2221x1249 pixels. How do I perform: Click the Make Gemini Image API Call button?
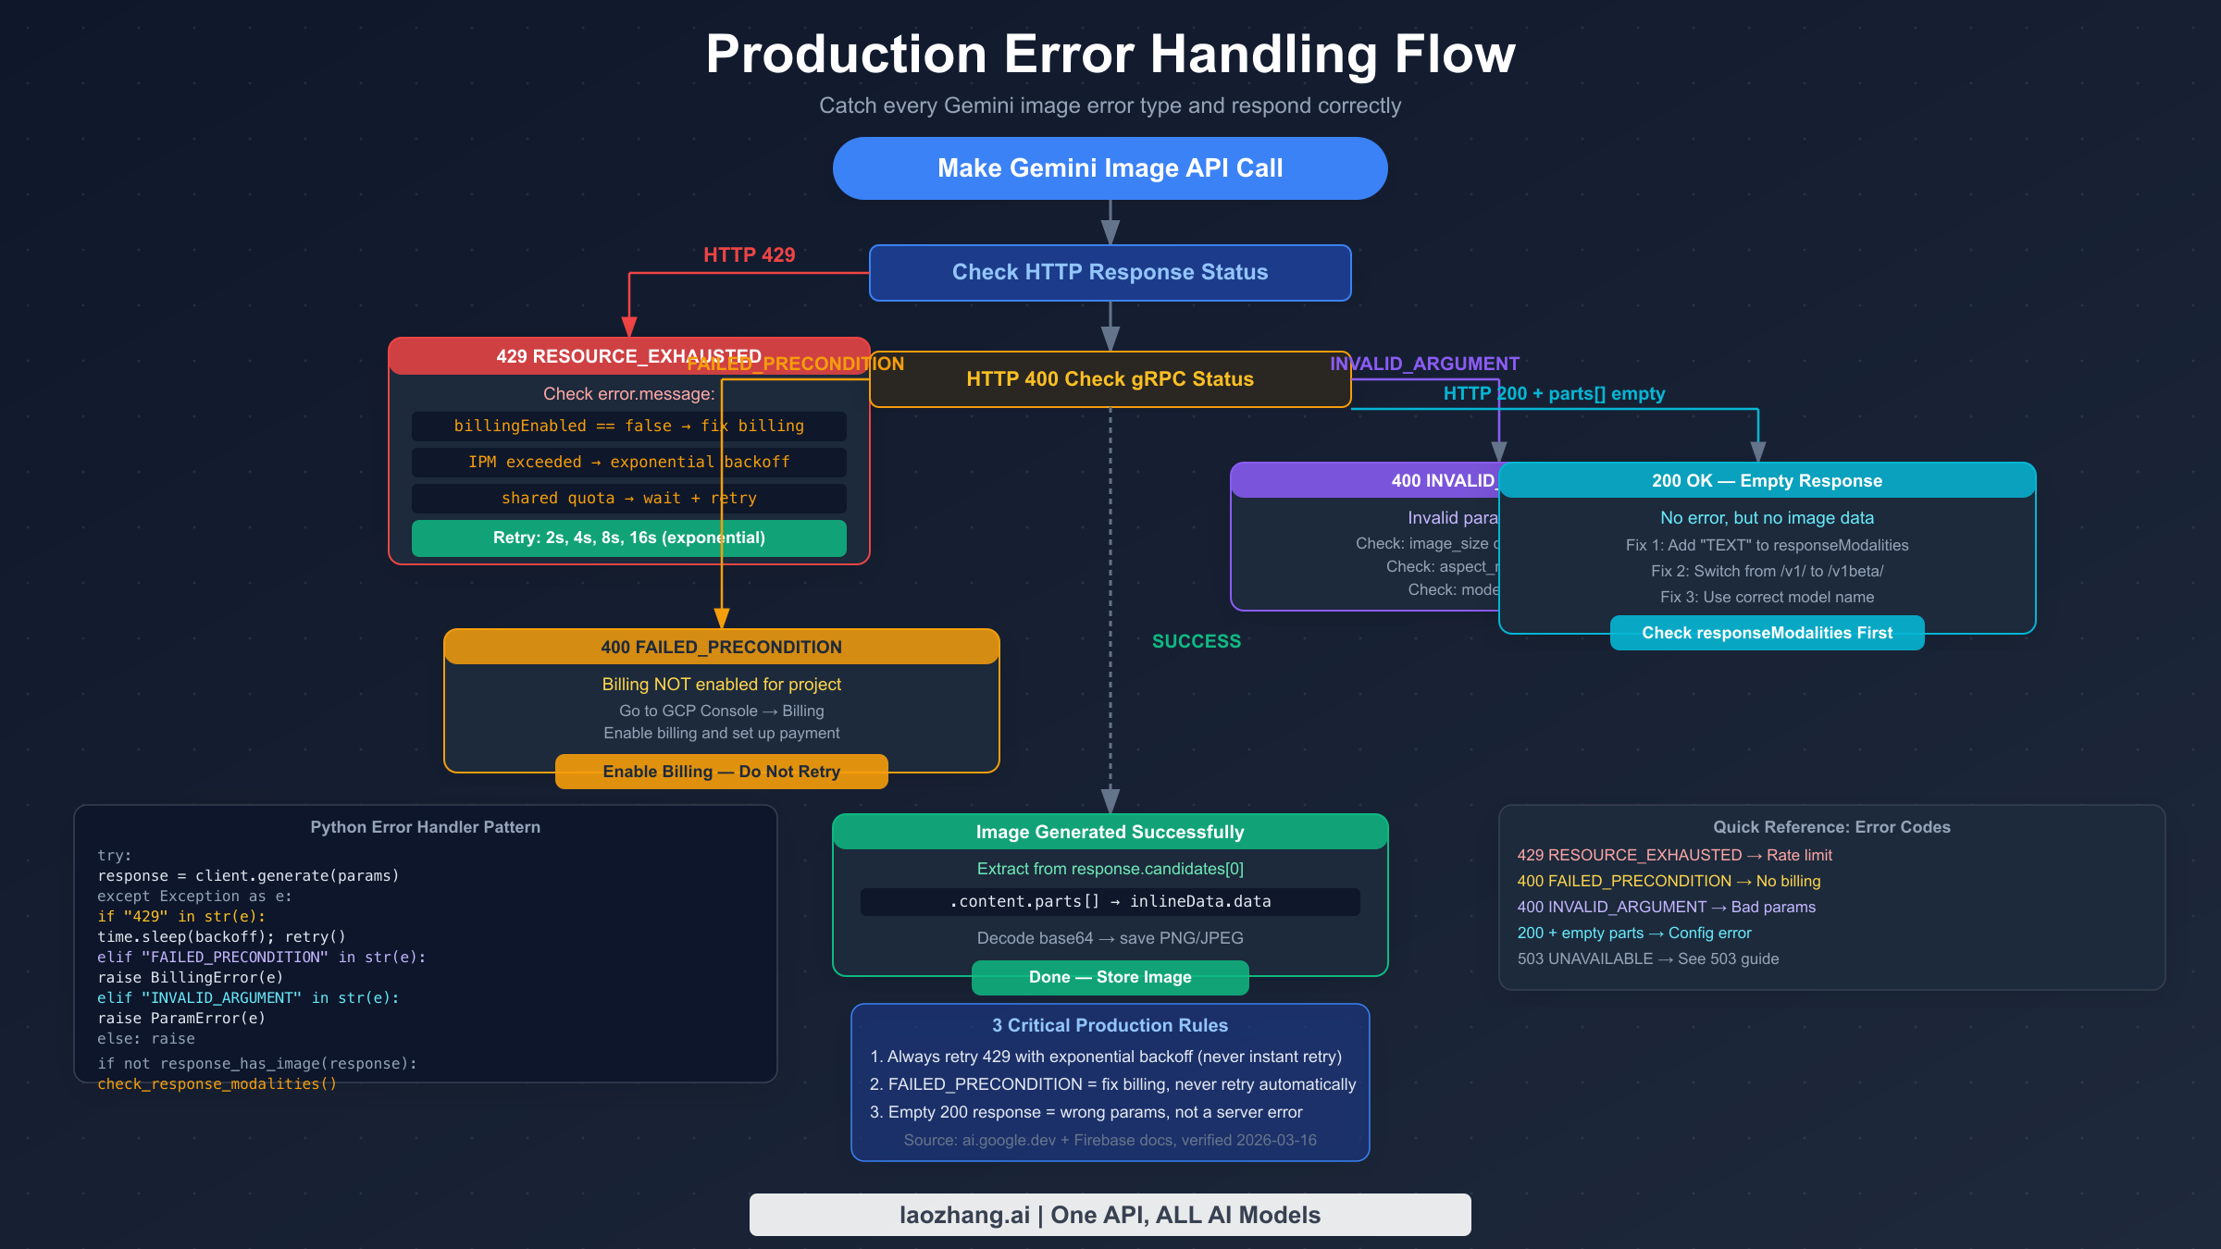click(1110, 168)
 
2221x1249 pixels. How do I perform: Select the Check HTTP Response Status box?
click(1110, 273)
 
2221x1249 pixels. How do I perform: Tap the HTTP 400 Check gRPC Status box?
click(1110, 379)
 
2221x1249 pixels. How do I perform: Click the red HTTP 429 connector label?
click(749, 255)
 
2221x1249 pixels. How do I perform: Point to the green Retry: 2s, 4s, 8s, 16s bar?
click(628, 538)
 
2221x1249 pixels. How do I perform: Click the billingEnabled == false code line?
click(628, 427)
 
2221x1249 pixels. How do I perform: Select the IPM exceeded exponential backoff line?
click(628, 463)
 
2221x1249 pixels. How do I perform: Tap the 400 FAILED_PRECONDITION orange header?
click(721, 648)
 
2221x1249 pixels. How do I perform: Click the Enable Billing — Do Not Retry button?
click(721, 772)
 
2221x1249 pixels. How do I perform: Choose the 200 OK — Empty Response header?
click(1767, 481)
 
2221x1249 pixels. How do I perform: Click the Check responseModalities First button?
click(1767, 634)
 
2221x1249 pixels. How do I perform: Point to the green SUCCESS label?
click(1196, 641)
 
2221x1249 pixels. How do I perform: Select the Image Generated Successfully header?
click(1110, 833)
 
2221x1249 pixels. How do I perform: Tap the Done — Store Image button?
click(1110, 978)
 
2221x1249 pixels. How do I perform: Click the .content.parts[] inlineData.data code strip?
click(1110, 902)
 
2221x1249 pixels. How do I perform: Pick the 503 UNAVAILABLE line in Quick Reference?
click(1647, 959)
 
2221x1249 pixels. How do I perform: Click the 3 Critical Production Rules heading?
click(1110, 1026)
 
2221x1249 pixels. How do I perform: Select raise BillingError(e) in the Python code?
click(190, 978)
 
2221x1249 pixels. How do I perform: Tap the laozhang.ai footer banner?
click(1110, 1215)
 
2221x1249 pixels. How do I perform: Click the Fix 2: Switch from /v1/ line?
click(1767, 572)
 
